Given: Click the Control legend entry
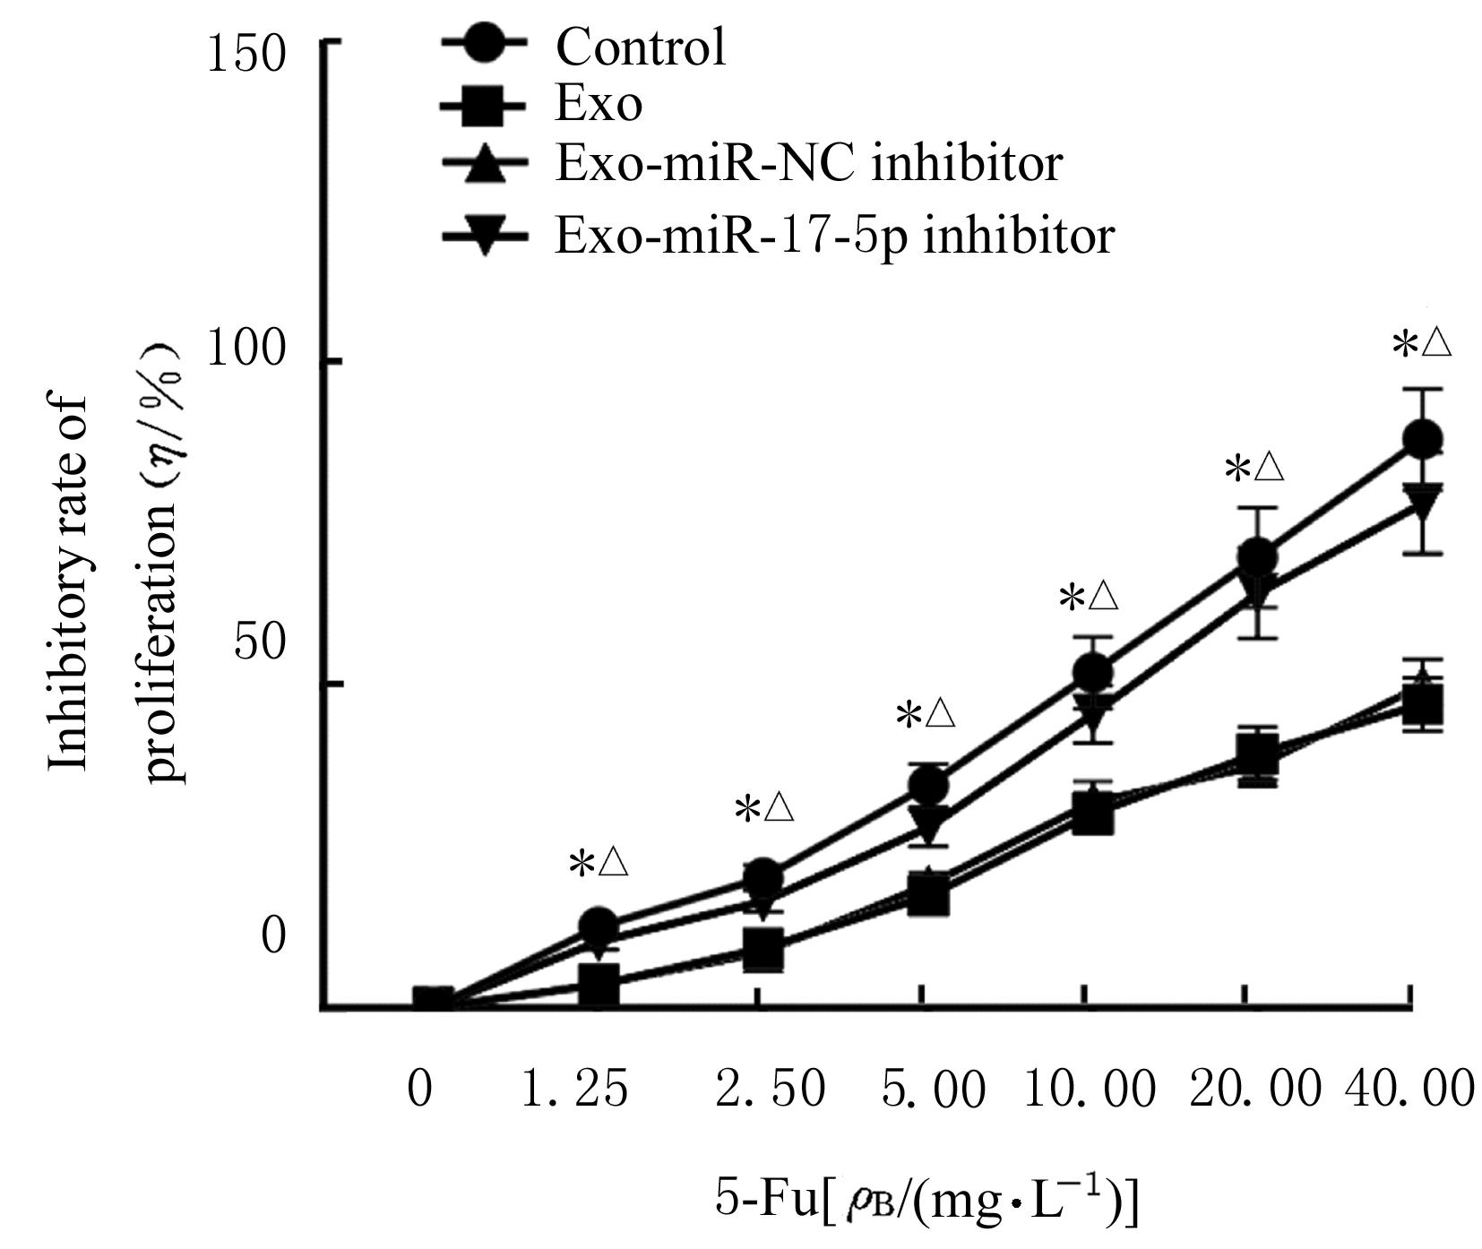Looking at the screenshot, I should pyautogui.click(x=640, y=47).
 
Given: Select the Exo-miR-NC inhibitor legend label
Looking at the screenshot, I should pyautogui.click(x=808, y=164).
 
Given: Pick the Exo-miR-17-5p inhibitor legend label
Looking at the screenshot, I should pyautogui.click(x=834, y=236).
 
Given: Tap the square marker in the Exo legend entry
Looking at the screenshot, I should pyautogui.click(x=483, y=105).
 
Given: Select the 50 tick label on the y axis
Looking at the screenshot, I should pyautogui.click(x=260, y=643).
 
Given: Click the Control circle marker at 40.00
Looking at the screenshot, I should pyautogui.click(x=1422, y=440).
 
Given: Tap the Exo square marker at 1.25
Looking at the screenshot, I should pyautogui.click(x=599, y=984).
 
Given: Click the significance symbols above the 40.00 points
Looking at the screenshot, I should pyautogui.click(x=1421, y=343).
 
